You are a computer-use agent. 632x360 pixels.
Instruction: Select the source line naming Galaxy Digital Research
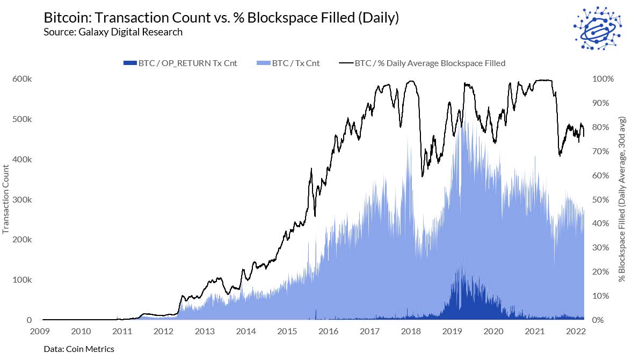pyautogui.click(x=113, y=32)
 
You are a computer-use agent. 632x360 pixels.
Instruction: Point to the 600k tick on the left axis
pyautogui.click(x=22, y=78)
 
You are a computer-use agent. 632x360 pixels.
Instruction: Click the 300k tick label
pyautogui.click(x=22, y=199)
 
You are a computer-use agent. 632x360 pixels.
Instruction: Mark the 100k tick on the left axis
pyautogui.click(x=22, y=280)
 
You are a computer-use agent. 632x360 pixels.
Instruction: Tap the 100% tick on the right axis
pyautogui.click(x=602, y=79)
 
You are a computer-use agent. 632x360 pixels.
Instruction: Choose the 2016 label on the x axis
pyautogui.click(x=329, y=331)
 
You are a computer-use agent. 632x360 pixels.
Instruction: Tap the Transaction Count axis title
pyautogui.click(x=6, y=199)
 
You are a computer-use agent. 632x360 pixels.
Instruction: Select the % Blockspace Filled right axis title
pyautogui.click(x=622, y=199)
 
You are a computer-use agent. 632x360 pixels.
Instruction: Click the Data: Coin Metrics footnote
pyautogui.click(x=79, y=349)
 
